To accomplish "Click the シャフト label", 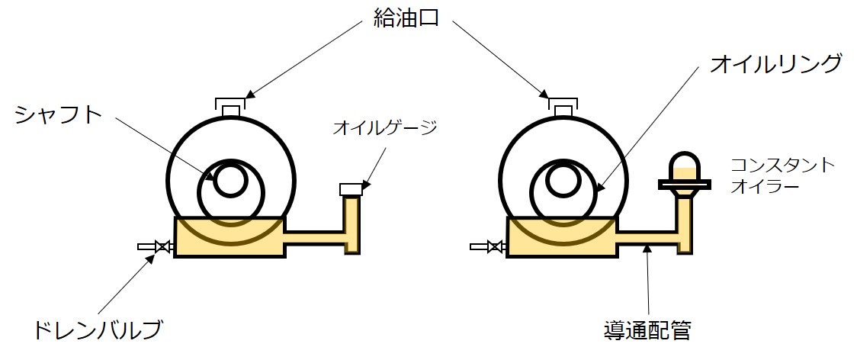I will pos(58,115).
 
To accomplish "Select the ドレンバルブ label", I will pos(98,331).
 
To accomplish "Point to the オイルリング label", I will pos(775,64).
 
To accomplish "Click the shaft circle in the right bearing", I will pos(563,181).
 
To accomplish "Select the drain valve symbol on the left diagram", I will pos(162,246).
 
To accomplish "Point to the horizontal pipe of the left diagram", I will pos(314,238).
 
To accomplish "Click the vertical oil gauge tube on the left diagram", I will pos(352,221).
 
